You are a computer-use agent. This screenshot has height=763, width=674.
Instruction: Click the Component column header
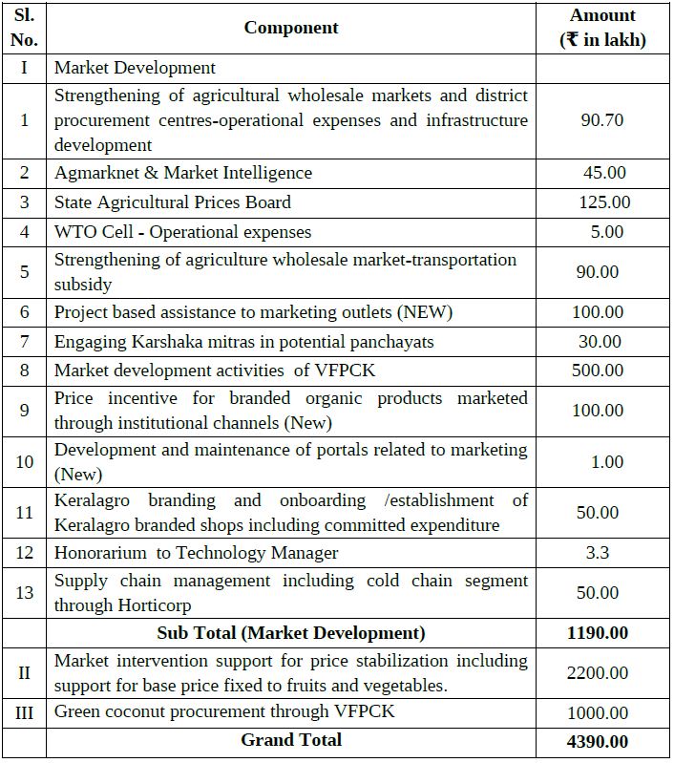pyautogui.click(x=291, y=28)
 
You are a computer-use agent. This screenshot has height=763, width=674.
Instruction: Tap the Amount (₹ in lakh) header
pyautogui.click(x=602, y=28)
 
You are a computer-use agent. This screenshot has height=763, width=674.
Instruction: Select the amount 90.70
pyautogui.click(x=602, y=120)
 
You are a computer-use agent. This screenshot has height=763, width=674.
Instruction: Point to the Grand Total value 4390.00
pyautogui.click(x=598, y=741)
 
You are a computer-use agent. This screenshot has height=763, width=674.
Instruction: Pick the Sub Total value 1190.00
pyautogui.click(x=598, y=632)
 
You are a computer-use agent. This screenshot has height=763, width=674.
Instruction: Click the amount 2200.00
pyautogui.click(x=598, y=673)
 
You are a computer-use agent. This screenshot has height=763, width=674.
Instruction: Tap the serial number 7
pyautogui.click(x=25, y=342)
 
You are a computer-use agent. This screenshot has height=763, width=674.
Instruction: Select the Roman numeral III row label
pyautogui.click(x=25, y=712)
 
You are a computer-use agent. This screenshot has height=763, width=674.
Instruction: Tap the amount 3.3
pyautogui.click(x=598, y=553)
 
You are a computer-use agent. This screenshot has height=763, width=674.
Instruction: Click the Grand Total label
pyautogui.click(x=291, y=740)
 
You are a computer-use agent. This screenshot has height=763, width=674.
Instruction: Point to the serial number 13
pyautogui.click(x=25, y=593)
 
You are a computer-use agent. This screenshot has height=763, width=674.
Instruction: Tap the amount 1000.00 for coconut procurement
pyautogui.click(x=598, y=712)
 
